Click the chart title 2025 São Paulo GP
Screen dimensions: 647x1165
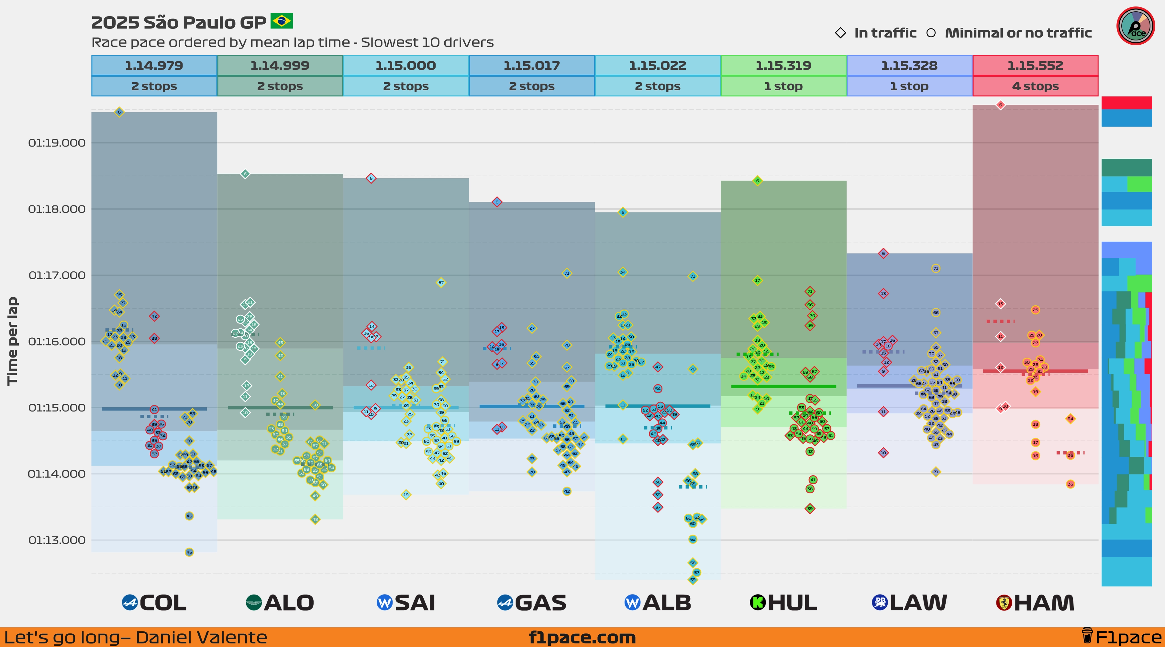point(179,22)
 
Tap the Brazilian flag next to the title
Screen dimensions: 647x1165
point(282,20)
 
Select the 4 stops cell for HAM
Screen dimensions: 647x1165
point(1035,86)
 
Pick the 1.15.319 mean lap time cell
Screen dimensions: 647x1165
point(783,66)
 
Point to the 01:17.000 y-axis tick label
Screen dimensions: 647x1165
point(57,275)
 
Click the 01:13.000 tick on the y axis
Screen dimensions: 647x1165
point(57,540)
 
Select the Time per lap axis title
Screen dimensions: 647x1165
point(12,341)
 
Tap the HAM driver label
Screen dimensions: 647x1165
point(1044,603)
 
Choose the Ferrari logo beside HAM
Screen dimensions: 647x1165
point(1004,603)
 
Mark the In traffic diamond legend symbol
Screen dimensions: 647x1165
point(840,33)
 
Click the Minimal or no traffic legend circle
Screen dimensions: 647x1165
point(931,33)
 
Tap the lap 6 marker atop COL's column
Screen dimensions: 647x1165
point(119,112)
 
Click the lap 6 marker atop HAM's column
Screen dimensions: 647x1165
point(1000,105)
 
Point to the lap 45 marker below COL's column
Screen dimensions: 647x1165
point(189,552)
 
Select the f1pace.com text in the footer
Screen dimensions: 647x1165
point(582,638)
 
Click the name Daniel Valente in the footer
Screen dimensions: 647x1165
point(201,638)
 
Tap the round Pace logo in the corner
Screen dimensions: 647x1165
point(1135,26)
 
